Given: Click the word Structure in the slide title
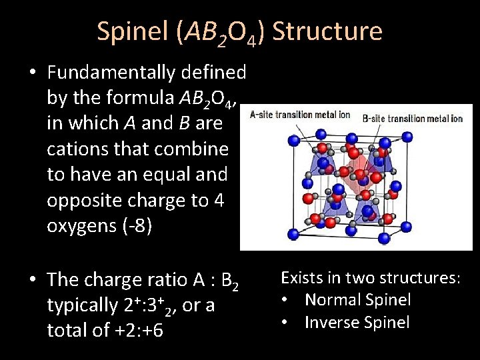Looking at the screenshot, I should pos(327,32).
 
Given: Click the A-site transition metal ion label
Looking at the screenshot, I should pos(300,115).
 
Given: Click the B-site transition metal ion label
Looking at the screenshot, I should pos(412,119).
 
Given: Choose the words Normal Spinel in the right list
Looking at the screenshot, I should pos(357,300).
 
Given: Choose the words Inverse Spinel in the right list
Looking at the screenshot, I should pos(357,322).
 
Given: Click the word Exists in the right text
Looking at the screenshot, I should pos(301,277).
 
